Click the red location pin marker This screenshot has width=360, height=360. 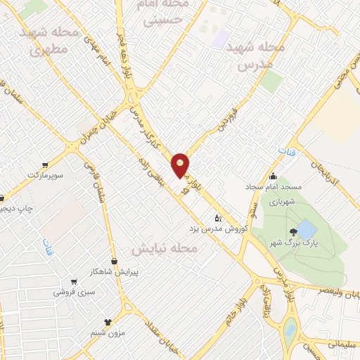pyautogui.click(x=181, y=164)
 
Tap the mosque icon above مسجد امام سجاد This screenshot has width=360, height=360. pyautogui.click(x=274, y=176)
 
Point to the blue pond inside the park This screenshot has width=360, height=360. pyautogui.click(x=307, y=229)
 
